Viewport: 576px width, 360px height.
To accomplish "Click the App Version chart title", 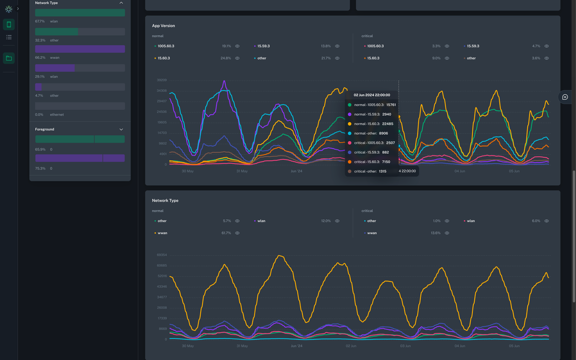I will click(164, 26).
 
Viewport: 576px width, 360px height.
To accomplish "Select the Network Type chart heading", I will click(165, 201).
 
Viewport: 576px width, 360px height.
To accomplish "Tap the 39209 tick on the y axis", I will click(161, 80).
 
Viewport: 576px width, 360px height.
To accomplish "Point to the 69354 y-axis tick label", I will click(161, 255).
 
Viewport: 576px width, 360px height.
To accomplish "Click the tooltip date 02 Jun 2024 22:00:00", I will click(372, 95).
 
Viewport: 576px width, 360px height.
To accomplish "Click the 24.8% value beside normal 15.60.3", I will click(226, 59).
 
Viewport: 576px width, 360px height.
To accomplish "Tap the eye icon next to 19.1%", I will click(237, 46).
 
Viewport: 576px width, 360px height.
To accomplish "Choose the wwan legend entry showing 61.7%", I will click(163, 233).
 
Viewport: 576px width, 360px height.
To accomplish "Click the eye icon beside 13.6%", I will click(447, 233).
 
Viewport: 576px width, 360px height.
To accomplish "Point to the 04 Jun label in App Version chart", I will click(460, 171).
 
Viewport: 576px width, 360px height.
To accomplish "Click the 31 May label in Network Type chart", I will click(242, 346).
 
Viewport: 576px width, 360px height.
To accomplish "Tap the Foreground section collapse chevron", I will click(121, 130).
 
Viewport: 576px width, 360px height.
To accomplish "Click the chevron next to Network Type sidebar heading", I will click(121, 3).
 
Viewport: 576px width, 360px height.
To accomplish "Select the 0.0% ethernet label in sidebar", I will click(50, 115).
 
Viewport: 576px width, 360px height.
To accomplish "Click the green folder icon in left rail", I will click(9, 58).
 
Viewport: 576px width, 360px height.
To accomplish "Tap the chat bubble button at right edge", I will click(565, 97).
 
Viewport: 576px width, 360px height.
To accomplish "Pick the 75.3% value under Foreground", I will click(40, 169).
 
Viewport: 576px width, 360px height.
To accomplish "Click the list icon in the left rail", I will click(9, 37).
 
